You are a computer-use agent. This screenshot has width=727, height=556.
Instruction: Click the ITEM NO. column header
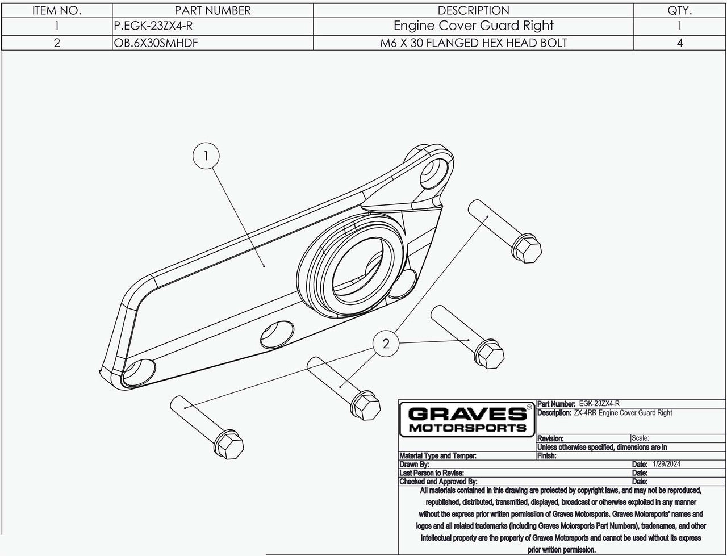coord(57,10)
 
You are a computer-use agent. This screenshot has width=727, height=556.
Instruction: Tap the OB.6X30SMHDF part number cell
coord(156,43)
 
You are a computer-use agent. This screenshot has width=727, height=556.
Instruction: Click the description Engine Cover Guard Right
coord(473,26)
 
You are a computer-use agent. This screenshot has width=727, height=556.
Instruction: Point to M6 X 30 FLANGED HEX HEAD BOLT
coord(473,43)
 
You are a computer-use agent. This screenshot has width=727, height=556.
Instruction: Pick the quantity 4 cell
coord(680,43)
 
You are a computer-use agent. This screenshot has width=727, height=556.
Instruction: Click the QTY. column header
coord(680,10)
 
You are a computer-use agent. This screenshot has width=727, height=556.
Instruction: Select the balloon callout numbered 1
coord(206,155)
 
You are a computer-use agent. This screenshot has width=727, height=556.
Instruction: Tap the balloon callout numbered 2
coord(386,344)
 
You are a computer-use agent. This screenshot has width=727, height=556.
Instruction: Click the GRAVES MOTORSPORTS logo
coord(467,419)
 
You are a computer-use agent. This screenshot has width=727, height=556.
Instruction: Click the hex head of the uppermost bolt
coord(527,248)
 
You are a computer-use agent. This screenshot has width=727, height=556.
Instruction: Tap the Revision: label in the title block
coord(550,438)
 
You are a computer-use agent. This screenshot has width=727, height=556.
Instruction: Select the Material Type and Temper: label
coord(437,455)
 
